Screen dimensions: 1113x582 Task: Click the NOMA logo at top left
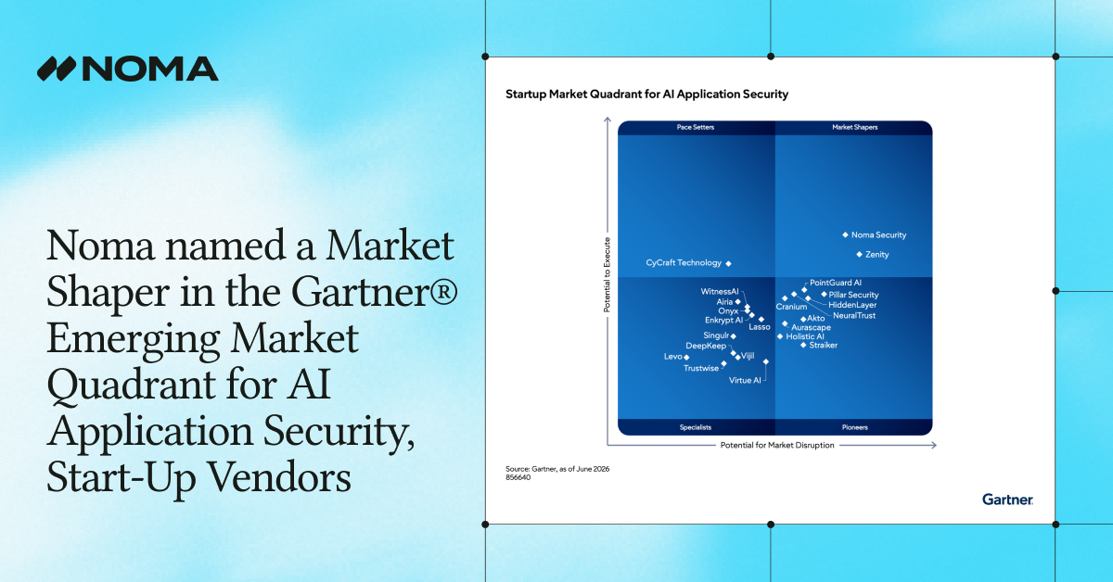point(128,69)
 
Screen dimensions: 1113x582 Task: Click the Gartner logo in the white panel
point(1007,500)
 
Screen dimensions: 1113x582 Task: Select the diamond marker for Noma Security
point(845,234)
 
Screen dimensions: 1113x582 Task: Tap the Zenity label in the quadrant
point(877,254)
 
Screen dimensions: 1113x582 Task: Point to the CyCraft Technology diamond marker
point(728,264)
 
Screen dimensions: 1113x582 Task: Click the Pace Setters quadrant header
point(695,127)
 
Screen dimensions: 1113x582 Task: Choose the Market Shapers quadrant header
point(854,127)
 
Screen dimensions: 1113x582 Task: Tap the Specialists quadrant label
point(695,427)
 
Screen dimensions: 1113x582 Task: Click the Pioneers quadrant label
point(854,427)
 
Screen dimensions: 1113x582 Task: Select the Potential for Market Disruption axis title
point(777,445)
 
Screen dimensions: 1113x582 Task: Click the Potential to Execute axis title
point(607,274)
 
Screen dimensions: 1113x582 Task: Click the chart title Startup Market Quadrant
point(647,94)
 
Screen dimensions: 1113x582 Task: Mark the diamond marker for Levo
point(686,357)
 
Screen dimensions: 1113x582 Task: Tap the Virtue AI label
point(745,380)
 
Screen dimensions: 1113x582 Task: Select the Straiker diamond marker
point(803,345)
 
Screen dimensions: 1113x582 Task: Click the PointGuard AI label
point(836,283)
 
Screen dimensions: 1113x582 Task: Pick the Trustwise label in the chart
point(701,368)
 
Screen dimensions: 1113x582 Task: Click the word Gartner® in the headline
point(374,292)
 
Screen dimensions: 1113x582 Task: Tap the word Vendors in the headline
point(279,476)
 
